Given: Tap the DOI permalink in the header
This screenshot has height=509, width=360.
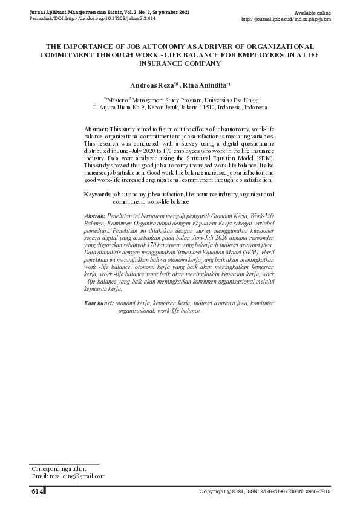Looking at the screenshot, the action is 90,19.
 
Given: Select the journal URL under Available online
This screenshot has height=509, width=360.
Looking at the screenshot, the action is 286,19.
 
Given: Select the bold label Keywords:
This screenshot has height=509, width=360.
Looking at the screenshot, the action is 97,195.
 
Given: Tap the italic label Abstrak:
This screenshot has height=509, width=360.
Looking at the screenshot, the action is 95,216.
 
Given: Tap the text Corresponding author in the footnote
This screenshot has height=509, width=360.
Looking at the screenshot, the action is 59,468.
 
